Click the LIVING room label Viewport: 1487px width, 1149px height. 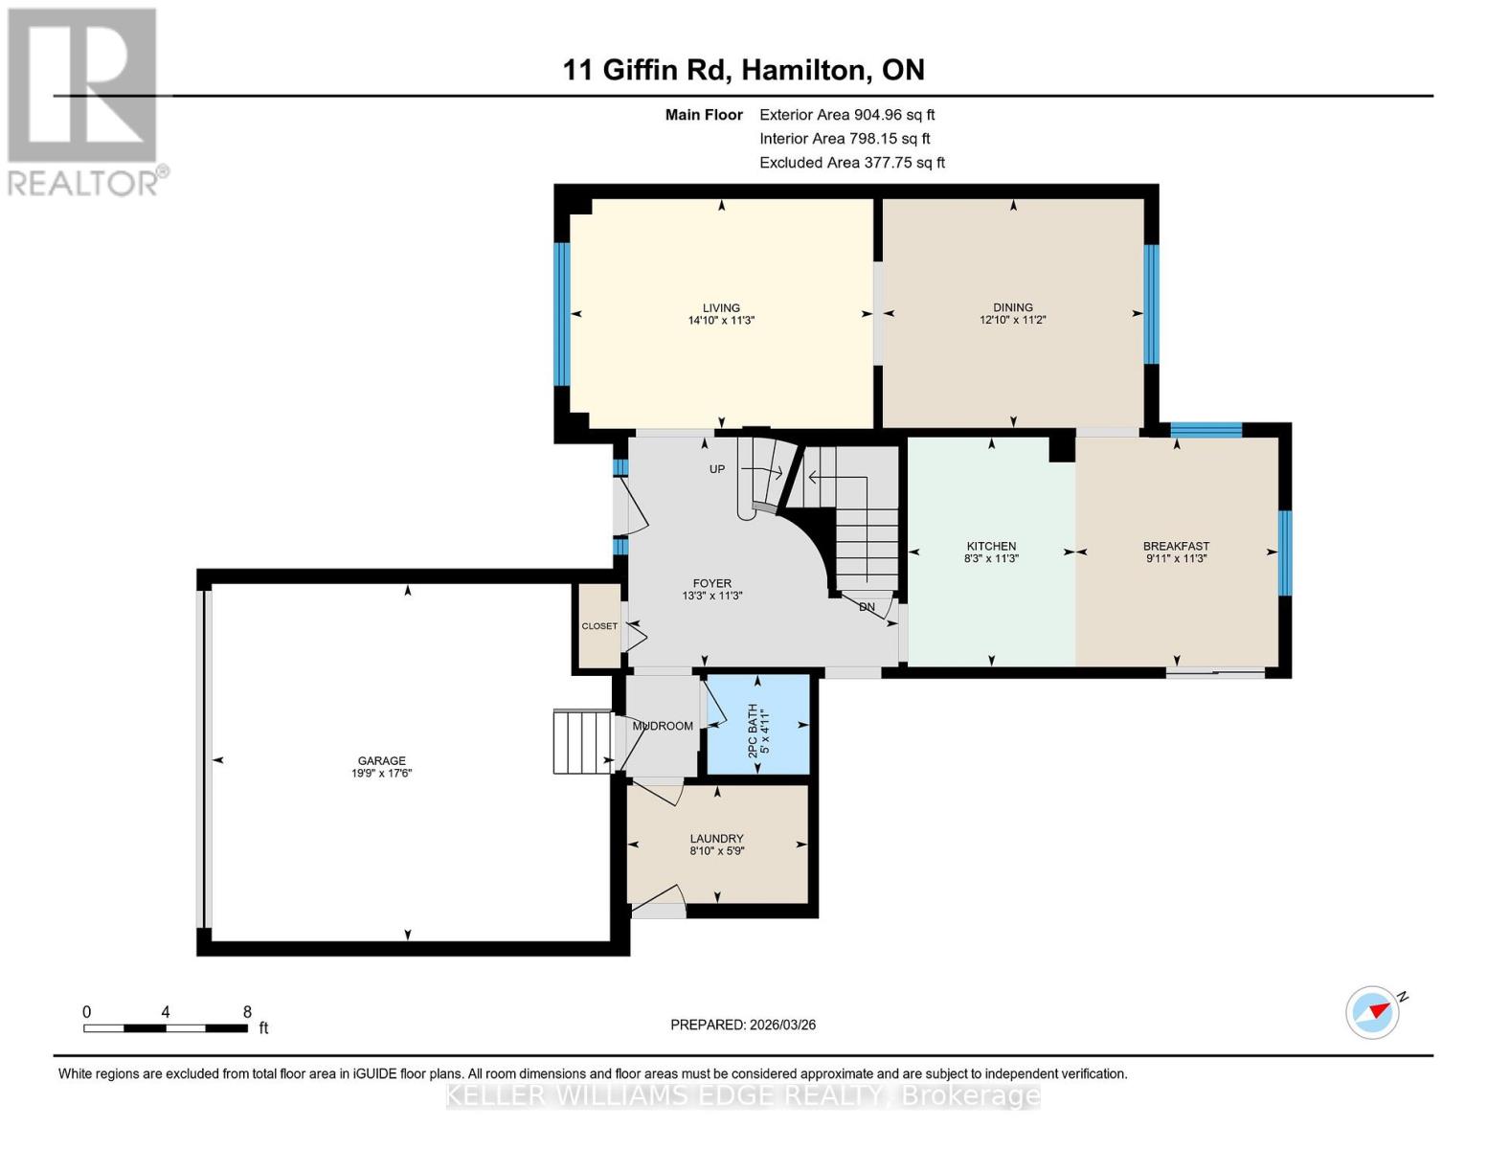click(721, 308)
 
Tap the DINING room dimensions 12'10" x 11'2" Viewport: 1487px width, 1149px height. click(1012, 321)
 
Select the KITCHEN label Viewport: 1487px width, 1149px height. click(991, 546)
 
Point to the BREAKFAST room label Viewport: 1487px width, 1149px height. click(1176, 546)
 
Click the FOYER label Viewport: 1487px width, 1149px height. click(711, 583)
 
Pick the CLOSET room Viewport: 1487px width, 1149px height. click(599, 626)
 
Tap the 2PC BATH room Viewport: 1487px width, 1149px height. click(757, 726)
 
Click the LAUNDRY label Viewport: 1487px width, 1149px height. click(716, 838)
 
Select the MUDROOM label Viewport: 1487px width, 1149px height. click(663, 726)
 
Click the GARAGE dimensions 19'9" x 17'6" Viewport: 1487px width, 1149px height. click(381, 774)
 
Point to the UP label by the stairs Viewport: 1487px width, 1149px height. click(716, 469)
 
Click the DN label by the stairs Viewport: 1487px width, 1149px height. click(867, 607)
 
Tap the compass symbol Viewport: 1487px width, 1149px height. click(1373, 1012)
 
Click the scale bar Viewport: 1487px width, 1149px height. click(166, 1028)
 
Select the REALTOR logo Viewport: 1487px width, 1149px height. click(84, 101)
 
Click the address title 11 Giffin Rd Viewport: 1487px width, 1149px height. click(743, 70)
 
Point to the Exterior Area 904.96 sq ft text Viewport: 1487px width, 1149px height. click(846, 115)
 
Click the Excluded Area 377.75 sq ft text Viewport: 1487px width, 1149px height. click(851, 163)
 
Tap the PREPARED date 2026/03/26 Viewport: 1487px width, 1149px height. click(743, 1025)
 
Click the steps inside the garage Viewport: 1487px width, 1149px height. click(582, 742)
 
